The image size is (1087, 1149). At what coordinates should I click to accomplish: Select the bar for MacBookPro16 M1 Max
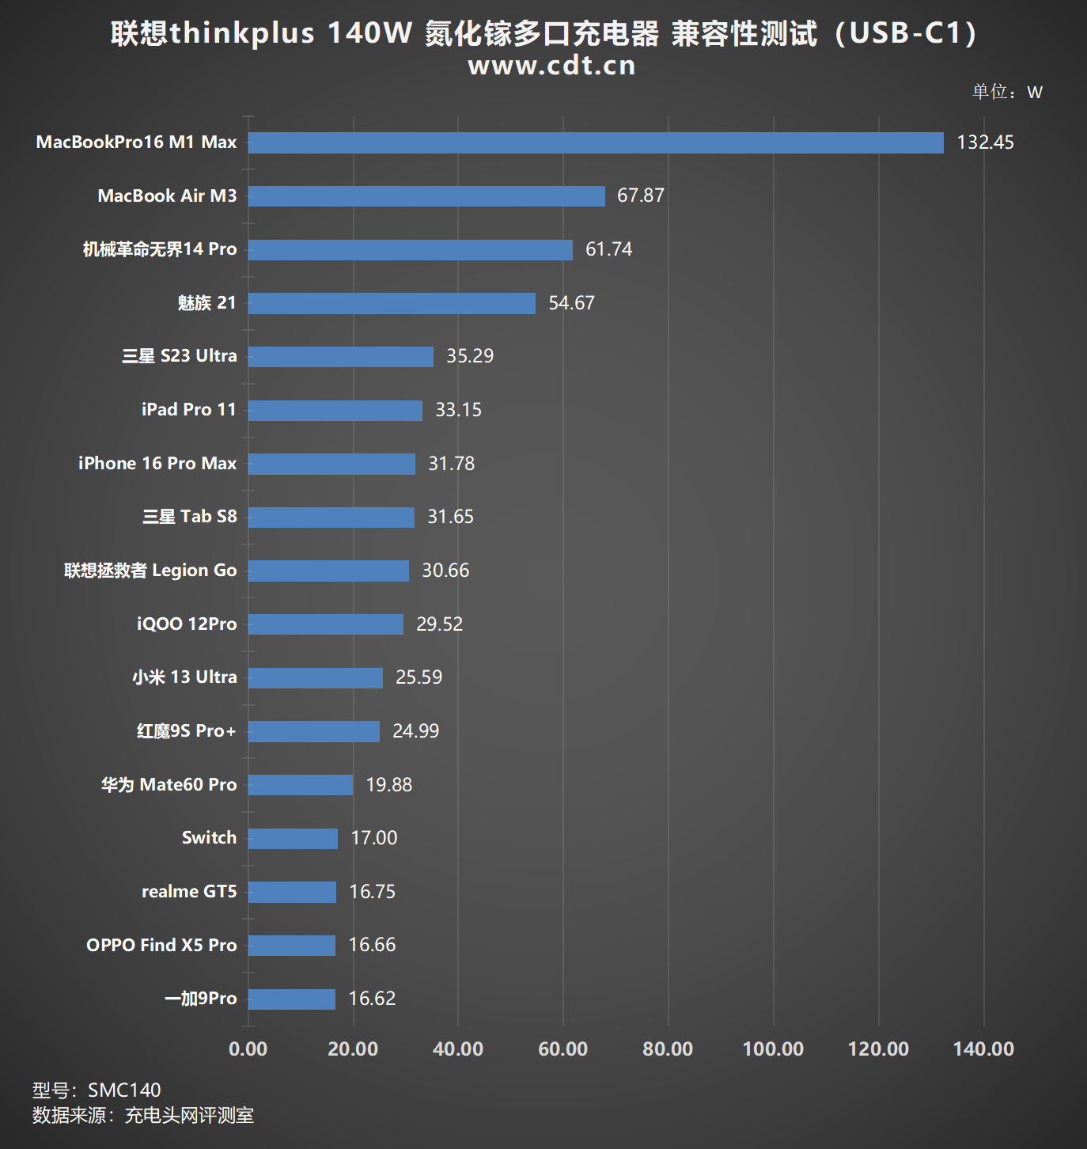pyautogui.click(x=595, y=142)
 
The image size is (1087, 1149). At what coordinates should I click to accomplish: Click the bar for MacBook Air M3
pyautogui.click(x=426, y=196)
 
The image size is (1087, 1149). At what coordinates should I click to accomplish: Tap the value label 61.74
pyautogui.click(x=608, y=249)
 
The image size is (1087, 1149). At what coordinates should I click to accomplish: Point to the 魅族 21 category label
pyautogui.click(x=206, y=303)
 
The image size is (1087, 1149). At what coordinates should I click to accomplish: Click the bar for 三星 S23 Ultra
pyautogui.click(x=340, y=357)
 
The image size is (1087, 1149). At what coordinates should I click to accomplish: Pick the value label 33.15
pyautogui.click(x=458, y=410)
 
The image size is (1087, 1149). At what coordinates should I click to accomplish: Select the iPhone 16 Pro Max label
pyautogui.click(x=157, y=464)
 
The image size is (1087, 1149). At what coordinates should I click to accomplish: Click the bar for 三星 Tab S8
pyautogui.click(x=331, y=518)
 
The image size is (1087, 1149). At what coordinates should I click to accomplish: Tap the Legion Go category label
pyautogui.click(x=150, y=571)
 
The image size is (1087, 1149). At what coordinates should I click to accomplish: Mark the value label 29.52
pyautogui.click(x=439, y=624)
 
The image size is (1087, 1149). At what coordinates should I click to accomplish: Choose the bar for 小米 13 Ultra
pyautogui.click(x=315, y=678)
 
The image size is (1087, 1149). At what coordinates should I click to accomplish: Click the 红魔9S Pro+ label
pyautogui.click(x=187, y=731)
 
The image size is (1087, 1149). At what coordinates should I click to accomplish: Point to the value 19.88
pyautogui.click(x=388, y=785)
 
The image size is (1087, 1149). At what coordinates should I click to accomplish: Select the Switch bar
pyautogui.click(x=293, y=839)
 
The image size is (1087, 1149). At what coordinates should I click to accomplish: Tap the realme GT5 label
pyautogui.click(x=189, y=892)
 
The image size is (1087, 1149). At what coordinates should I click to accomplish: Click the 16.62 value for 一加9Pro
pyautogui.click(x=372, y=999)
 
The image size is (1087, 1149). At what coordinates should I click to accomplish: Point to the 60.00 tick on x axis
pyautogui.click(x=562, y=1049)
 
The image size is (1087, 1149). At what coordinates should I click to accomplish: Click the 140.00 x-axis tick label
pyautogui.click(x=983, y=1049)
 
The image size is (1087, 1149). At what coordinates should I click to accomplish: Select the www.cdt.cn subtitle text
pyautogui.click(x=551, y=66)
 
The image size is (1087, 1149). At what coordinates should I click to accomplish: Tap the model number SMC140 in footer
pyautogui.click(x=124, y=1090)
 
